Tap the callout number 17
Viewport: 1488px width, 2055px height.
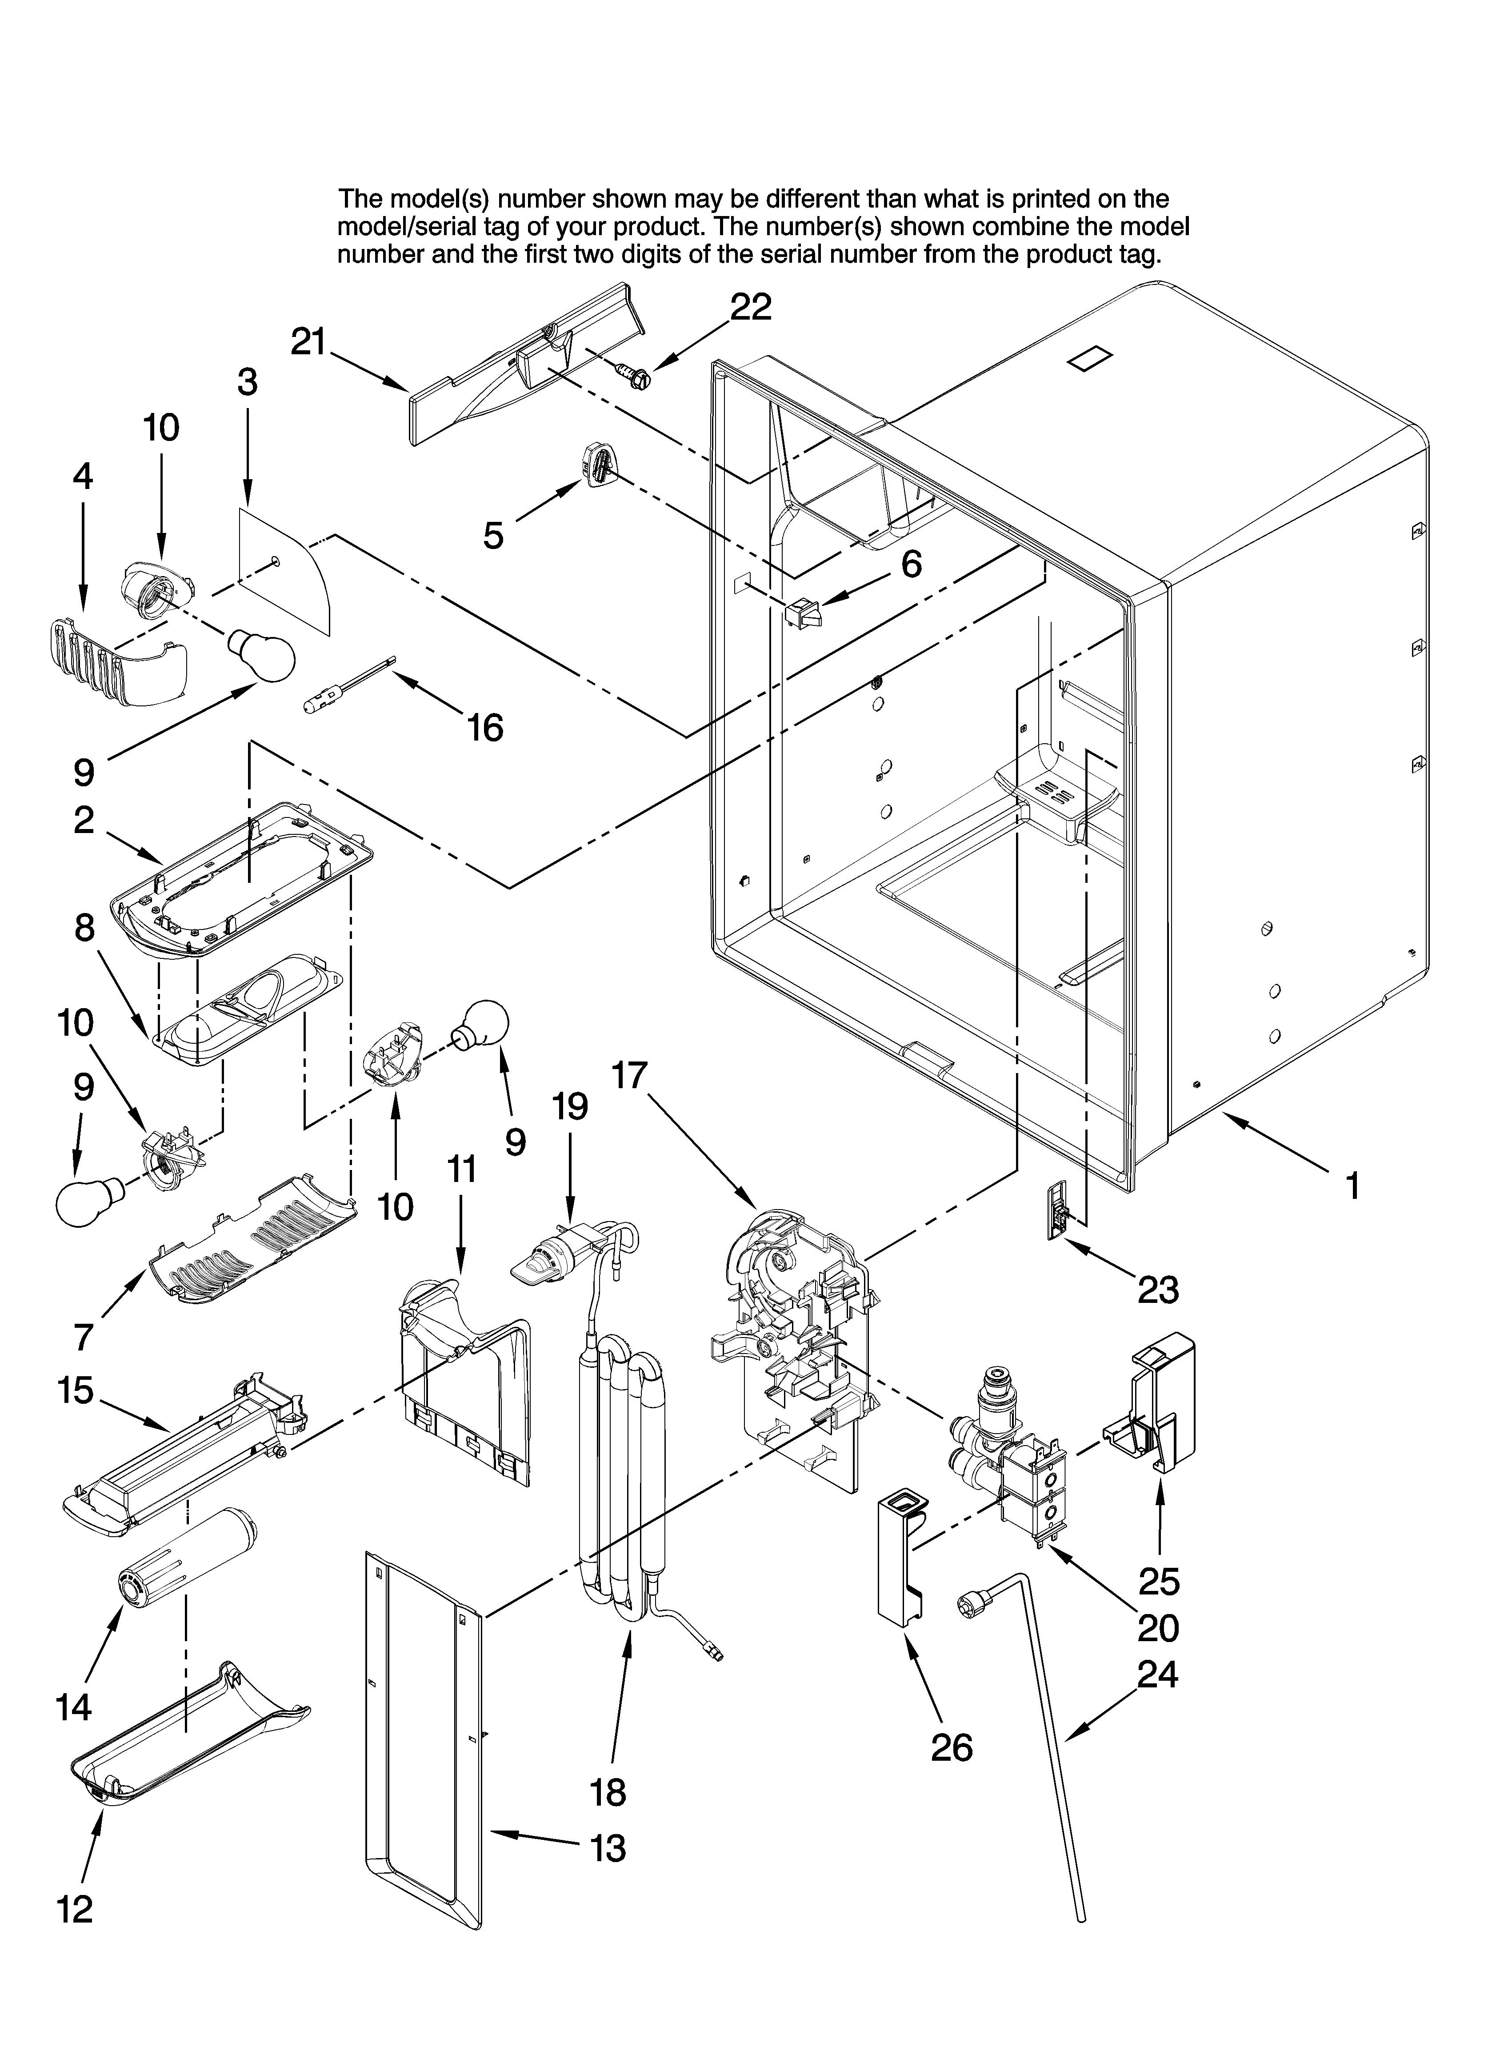tap(629, 1076)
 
